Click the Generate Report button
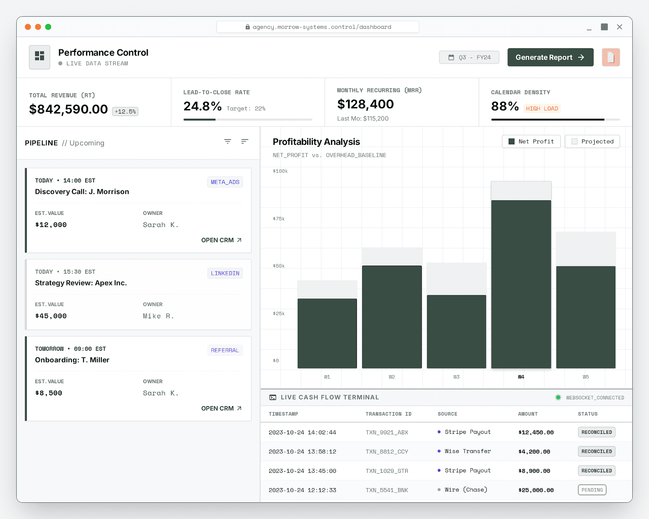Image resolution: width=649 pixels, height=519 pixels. [550, 57]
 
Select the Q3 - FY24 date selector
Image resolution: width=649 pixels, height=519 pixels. [469, 57]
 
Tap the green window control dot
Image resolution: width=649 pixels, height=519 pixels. [48, 27]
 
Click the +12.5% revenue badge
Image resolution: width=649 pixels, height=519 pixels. [125, 112]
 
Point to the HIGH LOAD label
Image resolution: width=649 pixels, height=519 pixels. [542, 109]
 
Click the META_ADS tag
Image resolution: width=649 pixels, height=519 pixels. [225, 182]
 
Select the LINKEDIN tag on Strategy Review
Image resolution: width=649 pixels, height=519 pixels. [225, 273]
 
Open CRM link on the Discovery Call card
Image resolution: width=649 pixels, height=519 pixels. [221, 240]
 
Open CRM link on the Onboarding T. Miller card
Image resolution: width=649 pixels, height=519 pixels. [221, 408]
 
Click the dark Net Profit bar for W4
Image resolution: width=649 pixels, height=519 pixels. [521, 284]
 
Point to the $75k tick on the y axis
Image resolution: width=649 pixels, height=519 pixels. [279, 219]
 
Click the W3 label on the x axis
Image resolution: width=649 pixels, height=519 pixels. [456, 377]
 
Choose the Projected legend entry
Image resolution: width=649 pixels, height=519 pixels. [592, 142]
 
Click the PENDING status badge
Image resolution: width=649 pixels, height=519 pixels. [592, 490]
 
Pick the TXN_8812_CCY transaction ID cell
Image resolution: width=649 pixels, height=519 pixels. [387, 452]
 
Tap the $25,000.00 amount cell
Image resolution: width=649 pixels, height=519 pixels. [536, 490]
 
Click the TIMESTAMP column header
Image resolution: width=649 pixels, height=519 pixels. [283, 414]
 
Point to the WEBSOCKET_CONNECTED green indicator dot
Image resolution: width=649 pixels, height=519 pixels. [558, 397]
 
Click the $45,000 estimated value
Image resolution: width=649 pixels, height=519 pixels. [51, 316]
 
